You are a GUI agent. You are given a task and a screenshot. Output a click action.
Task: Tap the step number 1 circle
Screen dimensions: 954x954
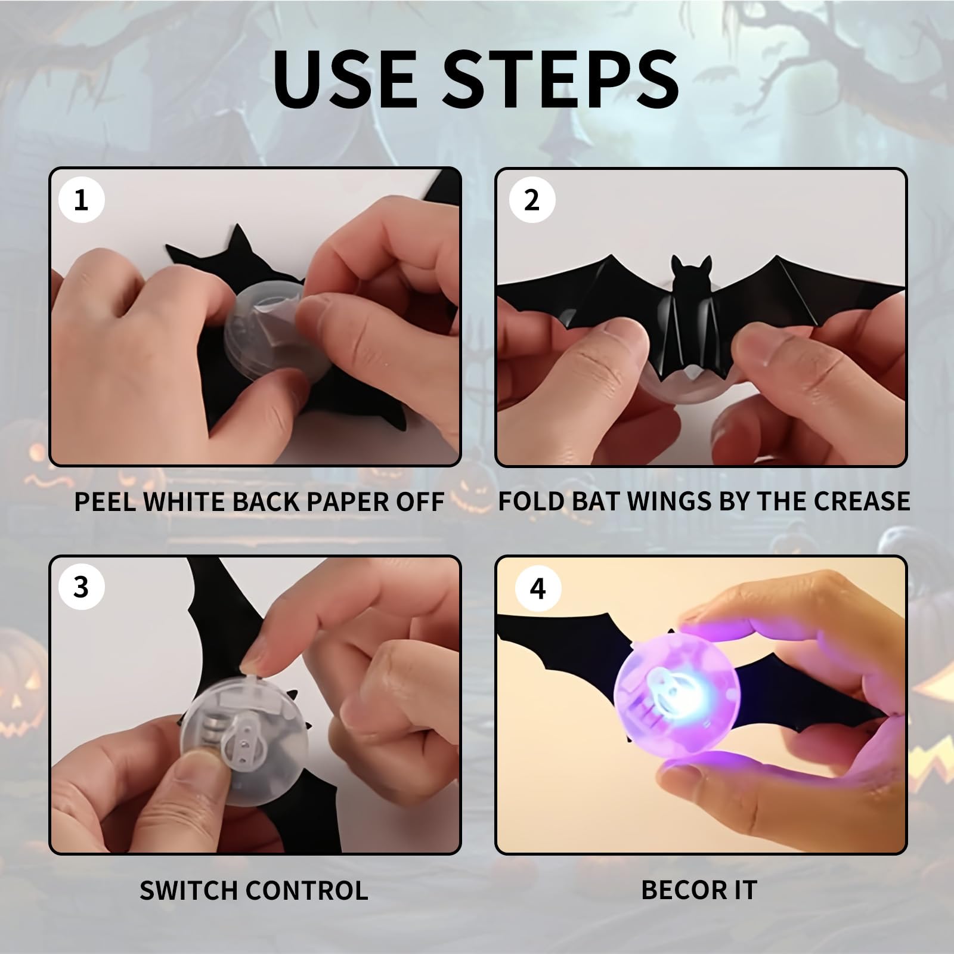pos(82,200)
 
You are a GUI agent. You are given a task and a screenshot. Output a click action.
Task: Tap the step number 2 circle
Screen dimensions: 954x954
pos(532,200)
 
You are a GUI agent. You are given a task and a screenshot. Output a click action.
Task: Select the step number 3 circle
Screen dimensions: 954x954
pos(82,587)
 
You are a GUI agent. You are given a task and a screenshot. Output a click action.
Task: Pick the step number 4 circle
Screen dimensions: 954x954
pos(538,588)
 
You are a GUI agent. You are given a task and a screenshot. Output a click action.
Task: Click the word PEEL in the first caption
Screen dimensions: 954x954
pos(105,501)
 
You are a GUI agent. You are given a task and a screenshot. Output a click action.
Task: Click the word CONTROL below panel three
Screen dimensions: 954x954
pos(307,890)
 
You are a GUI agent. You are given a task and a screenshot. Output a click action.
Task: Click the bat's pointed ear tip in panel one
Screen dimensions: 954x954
pos(237,226)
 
